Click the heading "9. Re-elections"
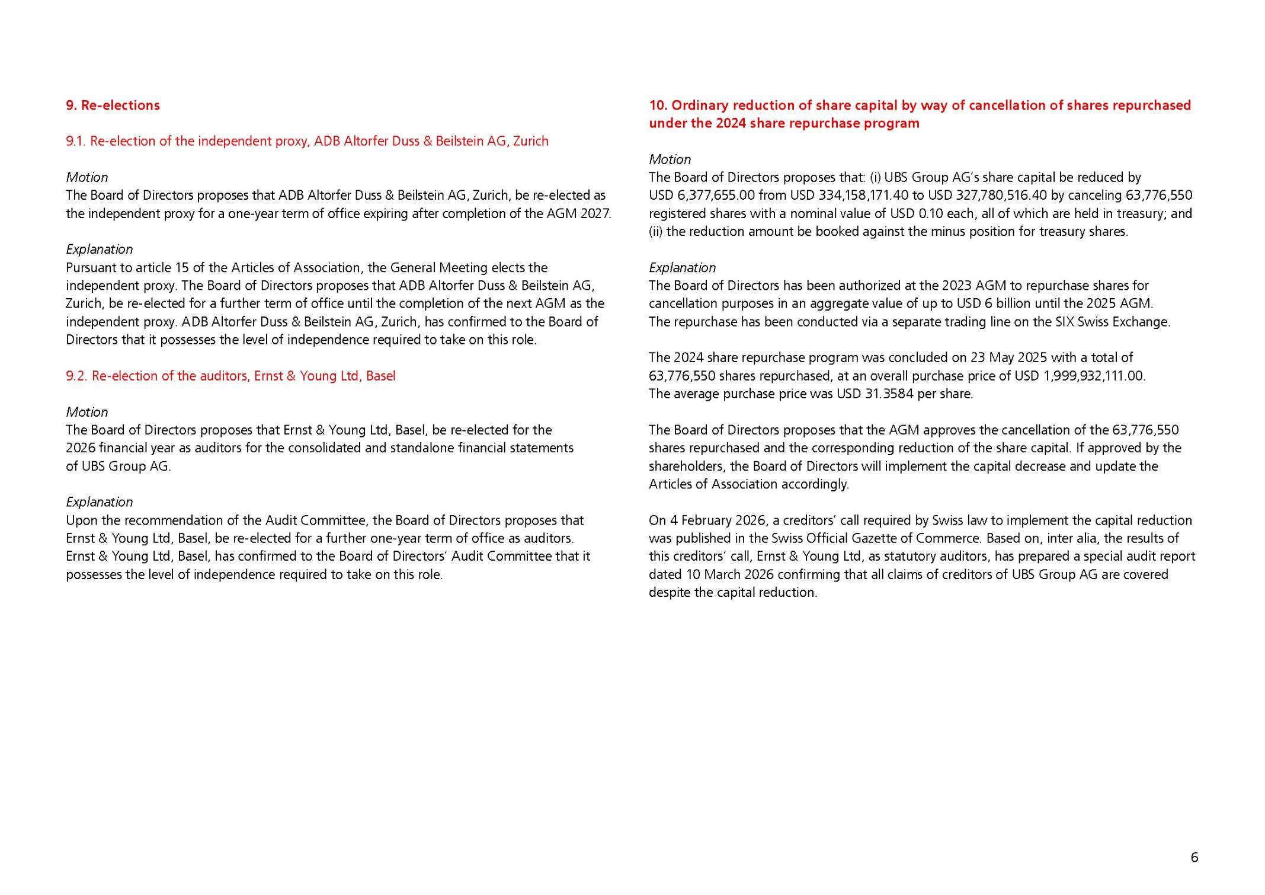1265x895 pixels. [x=113, y=106]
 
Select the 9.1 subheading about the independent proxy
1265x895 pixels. [x=307, y=141]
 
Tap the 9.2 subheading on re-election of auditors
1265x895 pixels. [x=230, y=376]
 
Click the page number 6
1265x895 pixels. [x=1194, y=857]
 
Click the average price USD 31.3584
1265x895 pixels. [x=875, y=394]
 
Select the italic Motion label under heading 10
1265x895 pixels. [x=670, y=159]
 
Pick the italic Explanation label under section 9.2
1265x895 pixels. [x=99, y=502]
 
